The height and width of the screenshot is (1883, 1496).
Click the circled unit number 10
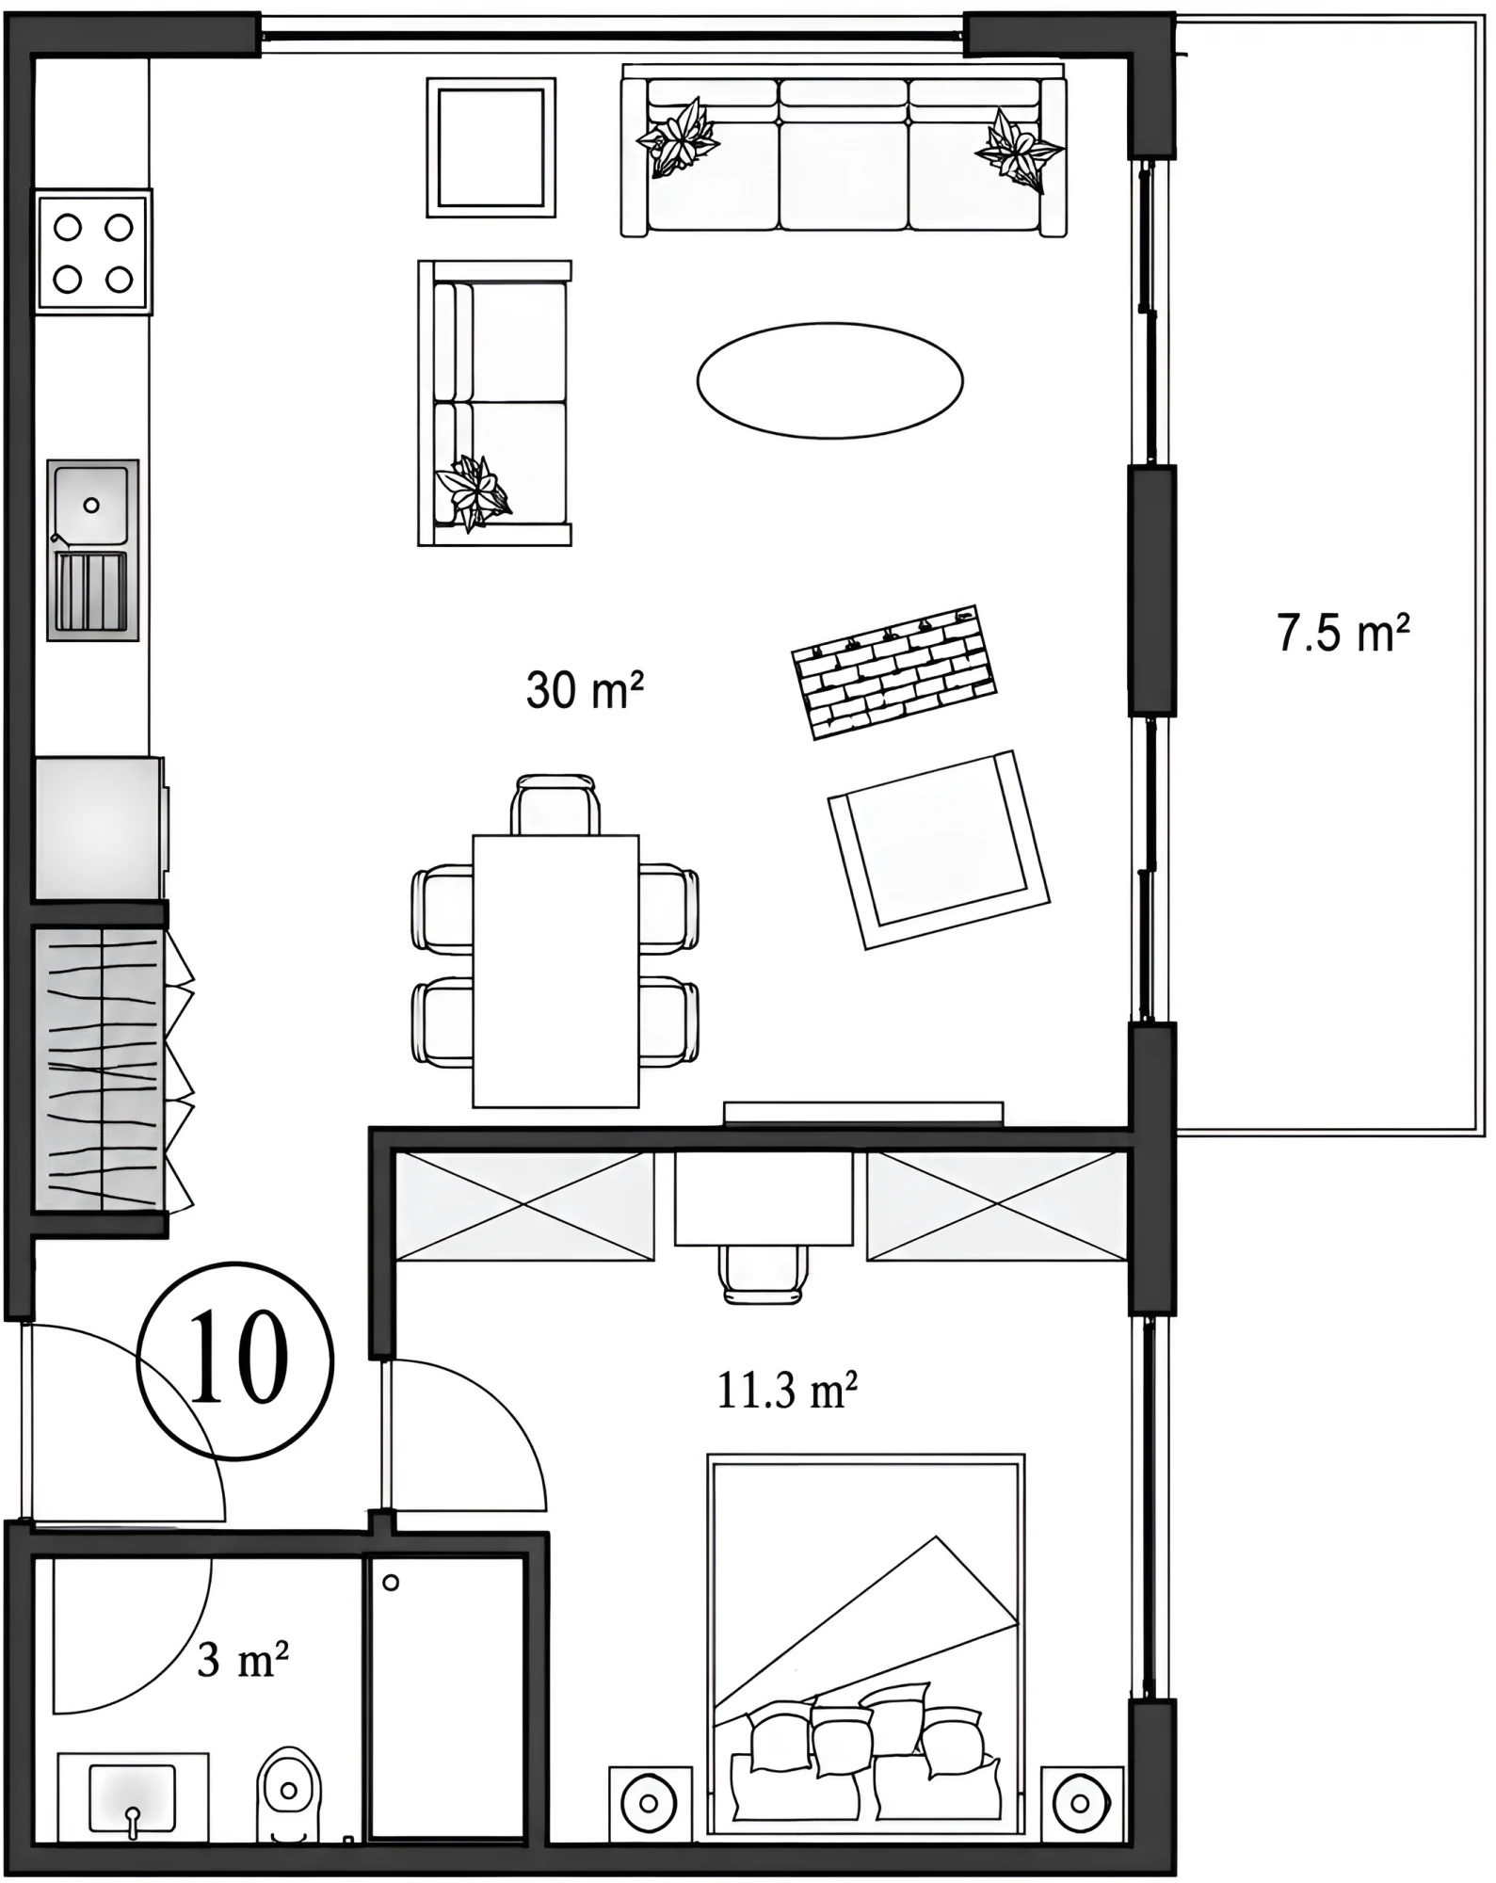[x=236, y=1360]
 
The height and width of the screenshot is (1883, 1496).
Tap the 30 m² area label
[x=585, y=690]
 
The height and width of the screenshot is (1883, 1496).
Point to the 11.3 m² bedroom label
[x=787, y=1390]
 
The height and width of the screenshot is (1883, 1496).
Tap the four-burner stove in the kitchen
[x=93, y=251]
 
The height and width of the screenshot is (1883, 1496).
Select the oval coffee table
[x=829, y=380]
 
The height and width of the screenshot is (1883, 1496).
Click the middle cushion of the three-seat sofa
[x=844, y=154]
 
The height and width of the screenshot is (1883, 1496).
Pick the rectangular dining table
[x=555, y=971]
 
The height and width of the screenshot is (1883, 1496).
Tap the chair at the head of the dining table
[x=555, y=805]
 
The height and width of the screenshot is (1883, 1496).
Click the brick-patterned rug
[x=893, y=671]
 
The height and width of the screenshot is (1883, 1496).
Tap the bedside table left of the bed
[x=650, y=1802]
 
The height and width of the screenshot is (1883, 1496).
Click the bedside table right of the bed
[x=1083, y=1802]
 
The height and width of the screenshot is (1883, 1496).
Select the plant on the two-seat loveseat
[x=475, y=491]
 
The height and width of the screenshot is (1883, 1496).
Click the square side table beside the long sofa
[x=491, y=147]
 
